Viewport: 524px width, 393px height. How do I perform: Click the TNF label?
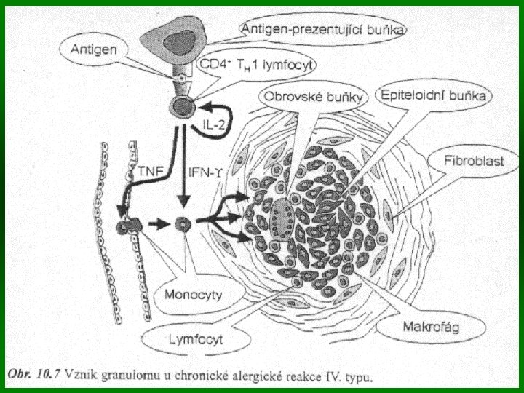click(x=149, y=172)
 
